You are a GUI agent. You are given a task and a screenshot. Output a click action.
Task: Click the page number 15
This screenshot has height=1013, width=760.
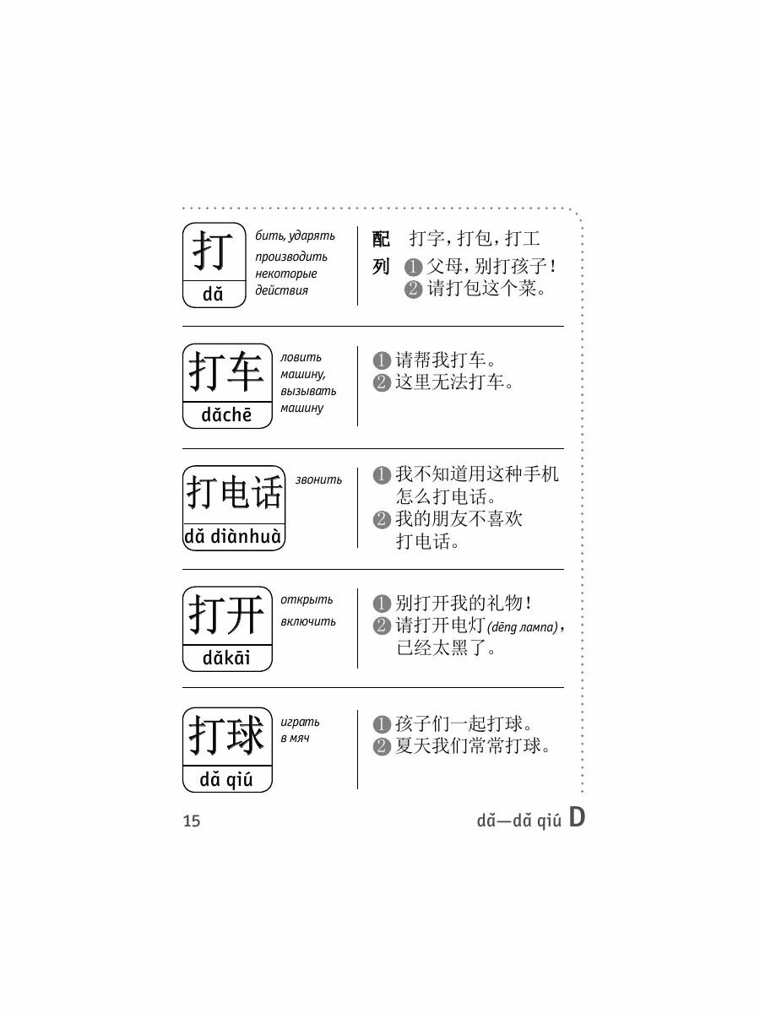192,821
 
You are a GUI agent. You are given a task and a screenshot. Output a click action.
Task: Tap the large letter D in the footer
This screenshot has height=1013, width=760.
576,817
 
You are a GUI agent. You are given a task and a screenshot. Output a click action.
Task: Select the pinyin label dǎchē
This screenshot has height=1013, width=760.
227,415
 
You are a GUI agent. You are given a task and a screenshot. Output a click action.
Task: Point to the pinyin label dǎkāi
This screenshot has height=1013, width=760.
226,658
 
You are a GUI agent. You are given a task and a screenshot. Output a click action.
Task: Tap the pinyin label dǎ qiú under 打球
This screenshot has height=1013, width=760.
226,779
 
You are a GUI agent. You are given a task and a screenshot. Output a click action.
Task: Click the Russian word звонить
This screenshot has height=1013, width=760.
319,479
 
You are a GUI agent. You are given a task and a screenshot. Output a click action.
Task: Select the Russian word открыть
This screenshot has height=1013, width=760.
307,600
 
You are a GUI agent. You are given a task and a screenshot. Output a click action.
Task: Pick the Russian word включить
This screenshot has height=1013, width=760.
309,622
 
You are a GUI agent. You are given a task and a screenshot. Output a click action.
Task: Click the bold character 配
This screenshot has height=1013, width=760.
382,239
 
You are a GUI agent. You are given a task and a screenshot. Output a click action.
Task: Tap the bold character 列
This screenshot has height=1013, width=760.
382,267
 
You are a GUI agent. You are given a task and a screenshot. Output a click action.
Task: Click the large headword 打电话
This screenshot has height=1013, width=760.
234,493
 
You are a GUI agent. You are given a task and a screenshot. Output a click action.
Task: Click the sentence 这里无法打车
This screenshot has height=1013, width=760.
454,382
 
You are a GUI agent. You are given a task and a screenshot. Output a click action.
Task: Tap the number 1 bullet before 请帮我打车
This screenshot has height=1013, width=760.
382,362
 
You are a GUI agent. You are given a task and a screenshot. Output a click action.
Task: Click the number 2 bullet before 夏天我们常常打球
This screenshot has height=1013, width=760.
382,747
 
